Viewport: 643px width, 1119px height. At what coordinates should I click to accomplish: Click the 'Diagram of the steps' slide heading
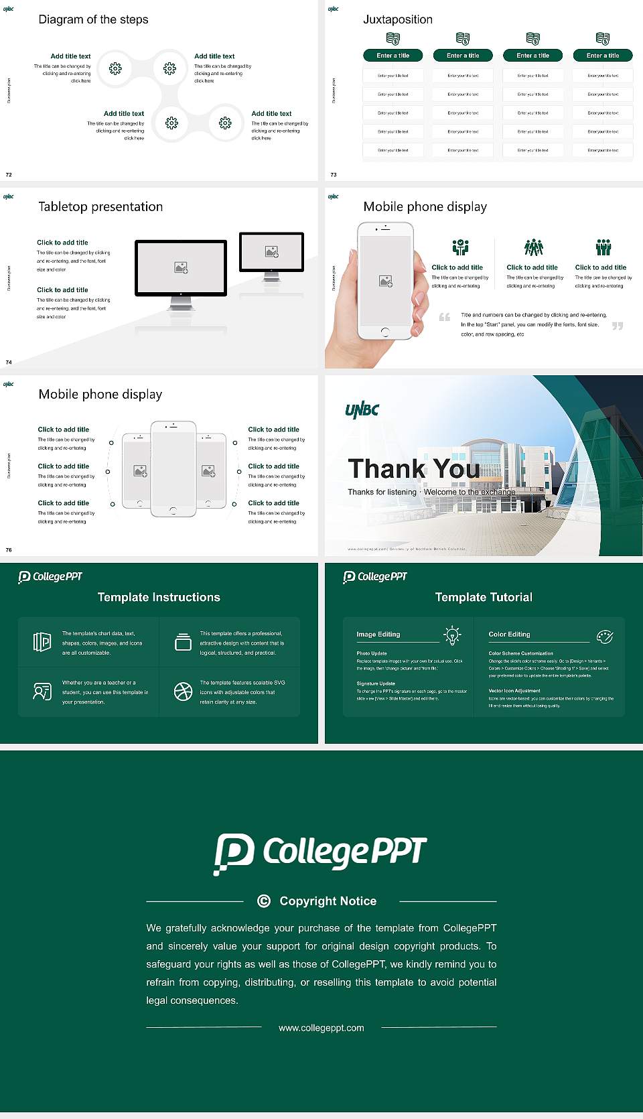(x=93, y=19)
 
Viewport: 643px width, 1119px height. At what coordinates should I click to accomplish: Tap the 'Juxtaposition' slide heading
(x=397, y=19)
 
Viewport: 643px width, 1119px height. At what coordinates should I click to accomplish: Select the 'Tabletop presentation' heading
(x=100, y=206)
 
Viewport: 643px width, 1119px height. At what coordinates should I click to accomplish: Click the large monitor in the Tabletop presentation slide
(x=181, y=268)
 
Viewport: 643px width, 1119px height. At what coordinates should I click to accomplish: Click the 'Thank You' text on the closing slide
(x=413, y=468)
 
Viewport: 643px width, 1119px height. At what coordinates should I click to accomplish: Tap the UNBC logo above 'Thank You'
(x=362, y=409)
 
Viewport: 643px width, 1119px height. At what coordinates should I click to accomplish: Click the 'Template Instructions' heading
(x=159, y=597)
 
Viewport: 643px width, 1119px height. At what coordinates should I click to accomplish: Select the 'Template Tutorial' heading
(x=484, y=597)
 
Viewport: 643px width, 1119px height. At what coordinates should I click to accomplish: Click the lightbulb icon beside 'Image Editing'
(x=452, y=635)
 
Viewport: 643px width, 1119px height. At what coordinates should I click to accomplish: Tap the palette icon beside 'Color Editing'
(x=605, y=637)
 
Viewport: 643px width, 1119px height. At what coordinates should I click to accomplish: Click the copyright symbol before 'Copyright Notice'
(x=264, y=901)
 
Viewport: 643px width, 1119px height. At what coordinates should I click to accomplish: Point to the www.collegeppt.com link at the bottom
(x=321, y=1028)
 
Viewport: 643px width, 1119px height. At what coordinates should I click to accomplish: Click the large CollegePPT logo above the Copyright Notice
(x=320, y=853)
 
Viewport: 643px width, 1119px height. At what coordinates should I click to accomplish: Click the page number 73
(x=334, y=175)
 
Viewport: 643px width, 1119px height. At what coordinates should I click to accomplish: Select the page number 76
(x=9, y=550)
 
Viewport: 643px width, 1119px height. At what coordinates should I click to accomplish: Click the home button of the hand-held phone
(x=384, y=332)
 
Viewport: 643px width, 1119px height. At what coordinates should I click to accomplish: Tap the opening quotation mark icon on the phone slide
(x=444, y=317)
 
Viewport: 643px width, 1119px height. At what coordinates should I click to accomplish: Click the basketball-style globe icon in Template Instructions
(x=183, y=692)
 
